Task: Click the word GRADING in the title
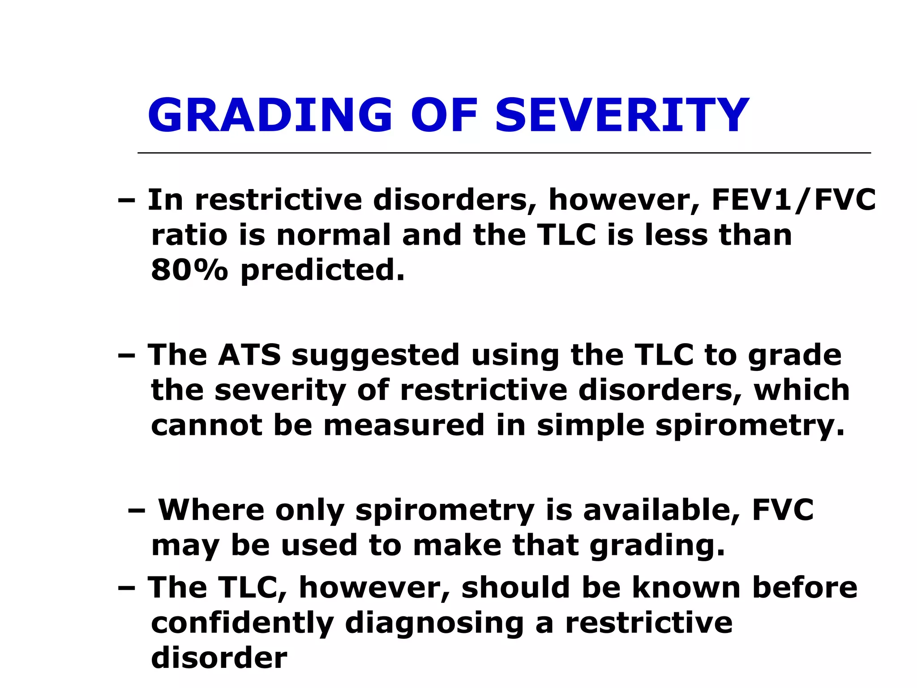270,116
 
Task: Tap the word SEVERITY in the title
622,116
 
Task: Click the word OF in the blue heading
444,116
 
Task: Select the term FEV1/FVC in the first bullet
793,200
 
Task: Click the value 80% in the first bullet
189,270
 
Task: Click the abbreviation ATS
249,355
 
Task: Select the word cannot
206,425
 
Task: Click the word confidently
242,623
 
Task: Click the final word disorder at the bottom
219,658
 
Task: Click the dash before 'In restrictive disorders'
126,201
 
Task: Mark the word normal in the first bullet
334,235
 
